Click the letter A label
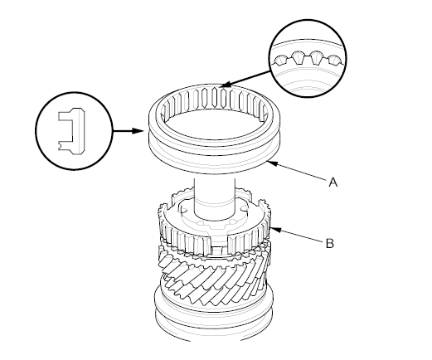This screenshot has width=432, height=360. tap(333, 182)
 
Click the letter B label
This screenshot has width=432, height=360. tap(330, 243)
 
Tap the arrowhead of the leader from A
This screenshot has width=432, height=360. tap(272, 163)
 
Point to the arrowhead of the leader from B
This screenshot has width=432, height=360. tap(276, 229)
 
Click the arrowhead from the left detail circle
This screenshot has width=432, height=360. tap(138, 130)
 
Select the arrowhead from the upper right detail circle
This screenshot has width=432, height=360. tap(226, 85)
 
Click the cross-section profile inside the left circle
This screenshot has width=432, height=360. tap(71, 130)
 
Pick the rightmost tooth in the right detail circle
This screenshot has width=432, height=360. tap(335, 61)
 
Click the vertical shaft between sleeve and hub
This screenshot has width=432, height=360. tap(215, 197)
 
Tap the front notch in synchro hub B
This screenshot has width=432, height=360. tap(217, 241)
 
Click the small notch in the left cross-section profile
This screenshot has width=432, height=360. tap(59, 144)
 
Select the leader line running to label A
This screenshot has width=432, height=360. tap(298, 172)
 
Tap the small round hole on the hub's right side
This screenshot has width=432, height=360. tap(243, 207)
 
